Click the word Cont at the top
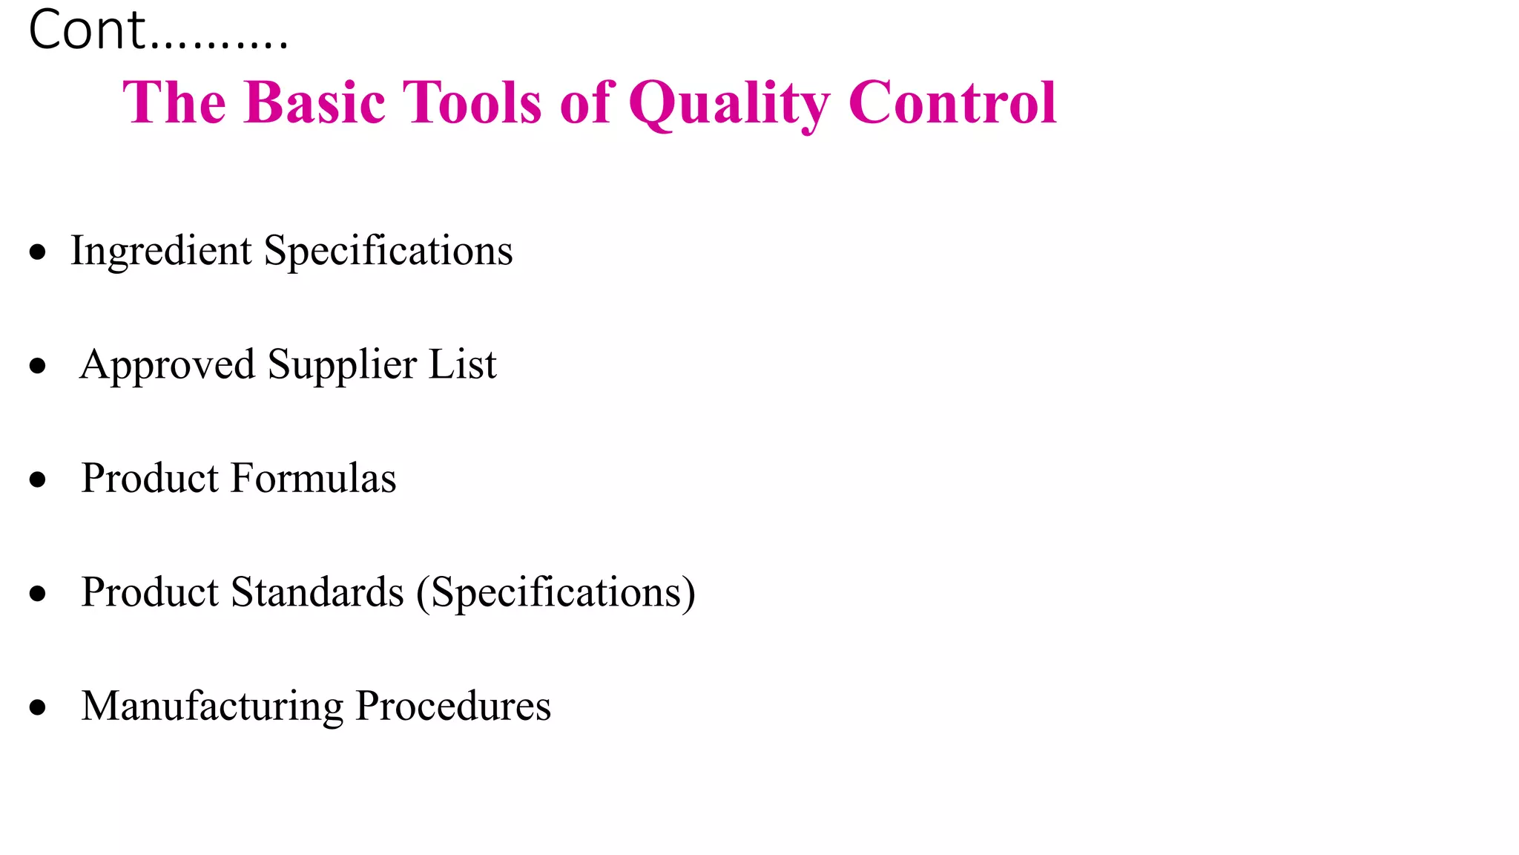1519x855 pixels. point(87,31)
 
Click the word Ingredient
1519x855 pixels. point(161,252)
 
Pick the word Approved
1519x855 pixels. point(168,365)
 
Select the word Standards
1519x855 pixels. point(317,592)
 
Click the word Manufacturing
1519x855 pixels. point(212,706)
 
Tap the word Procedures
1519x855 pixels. point(453,706)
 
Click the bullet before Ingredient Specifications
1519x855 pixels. point(38,252)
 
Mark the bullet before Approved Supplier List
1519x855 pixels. point(38,366)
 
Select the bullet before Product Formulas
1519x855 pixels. point(38,479)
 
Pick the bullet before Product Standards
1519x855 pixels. point(38,593)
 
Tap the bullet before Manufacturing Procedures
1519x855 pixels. point(38,707)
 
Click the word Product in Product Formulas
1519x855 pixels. point(150,478)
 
